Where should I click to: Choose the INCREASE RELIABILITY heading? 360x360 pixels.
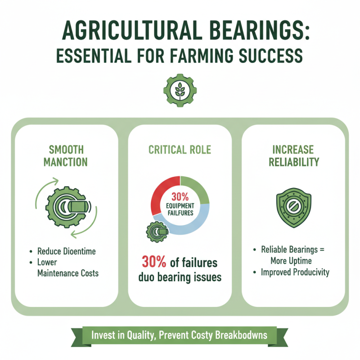293,156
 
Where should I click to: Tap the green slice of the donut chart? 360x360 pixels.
197,188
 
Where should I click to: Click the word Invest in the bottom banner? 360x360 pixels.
103,336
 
